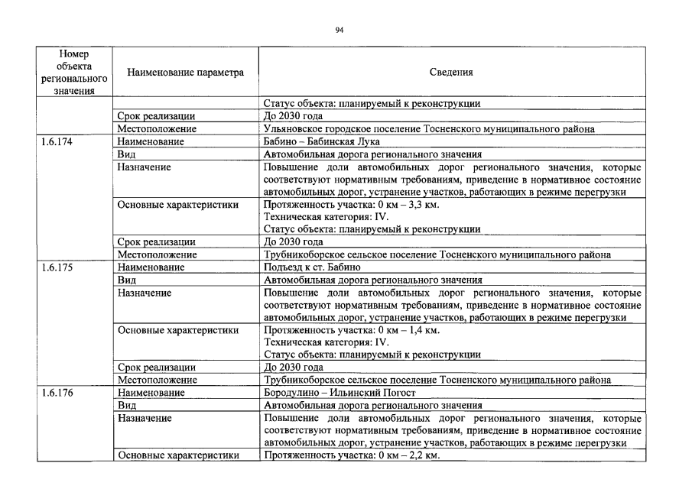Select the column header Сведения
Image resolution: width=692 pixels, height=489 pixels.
pos(451,73)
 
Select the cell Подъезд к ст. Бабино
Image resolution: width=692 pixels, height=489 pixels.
pos(311,267)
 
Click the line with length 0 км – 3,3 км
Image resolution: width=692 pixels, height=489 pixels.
pos(351,204)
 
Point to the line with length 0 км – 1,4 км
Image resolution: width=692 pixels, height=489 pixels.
pos(351,330)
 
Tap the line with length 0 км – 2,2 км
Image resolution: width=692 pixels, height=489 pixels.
pos(351,455)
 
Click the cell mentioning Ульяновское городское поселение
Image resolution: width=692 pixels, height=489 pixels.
pos(428,129)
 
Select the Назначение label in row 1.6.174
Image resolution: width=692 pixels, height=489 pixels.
pos(145,167)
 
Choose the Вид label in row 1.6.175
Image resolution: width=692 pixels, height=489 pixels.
pos(127,280)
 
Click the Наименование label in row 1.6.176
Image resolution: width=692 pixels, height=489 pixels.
pos(151,393)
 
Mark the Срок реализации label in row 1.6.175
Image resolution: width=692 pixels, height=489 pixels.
pos(156,368)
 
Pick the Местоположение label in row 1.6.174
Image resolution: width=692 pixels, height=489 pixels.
pos(157,254)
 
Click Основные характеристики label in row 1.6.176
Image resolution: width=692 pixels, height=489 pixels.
pos(177,455)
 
